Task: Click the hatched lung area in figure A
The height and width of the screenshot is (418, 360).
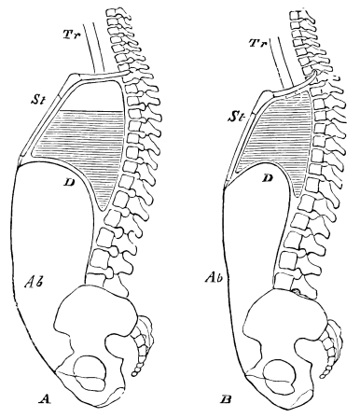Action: click(x=79, y=135)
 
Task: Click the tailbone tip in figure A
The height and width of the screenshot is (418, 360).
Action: click(x=136, y=372)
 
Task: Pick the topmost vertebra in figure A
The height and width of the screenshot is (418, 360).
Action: click(x=116, y=12)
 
